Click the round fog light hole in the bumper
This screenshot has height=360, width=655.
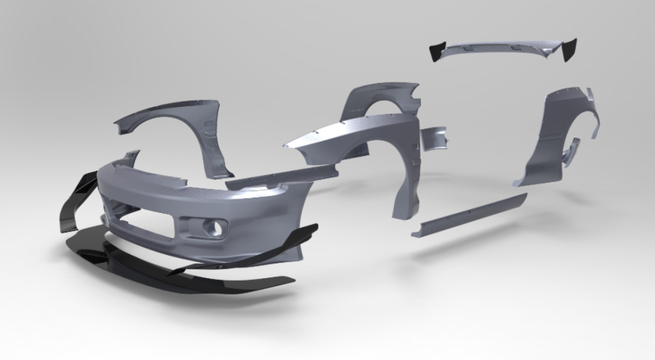(217, 226)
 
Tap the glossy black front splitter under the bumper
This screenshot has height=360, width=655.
(192, 269)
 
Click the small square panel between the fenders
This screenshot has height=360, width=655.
(435, 137)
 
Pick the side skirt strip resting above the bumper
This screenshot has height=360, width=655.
(281, 178)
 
